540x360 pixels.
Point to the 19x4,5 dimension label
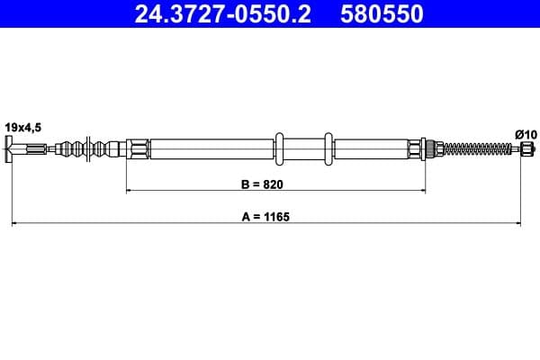[x=22, y=129]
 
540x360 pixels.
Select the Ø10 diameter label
[x=526, y=134]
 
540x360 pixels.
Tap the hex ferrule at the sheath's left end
[x=137, y=148]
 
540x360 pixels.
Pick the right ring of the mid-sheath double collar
[x=329, y=148]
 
